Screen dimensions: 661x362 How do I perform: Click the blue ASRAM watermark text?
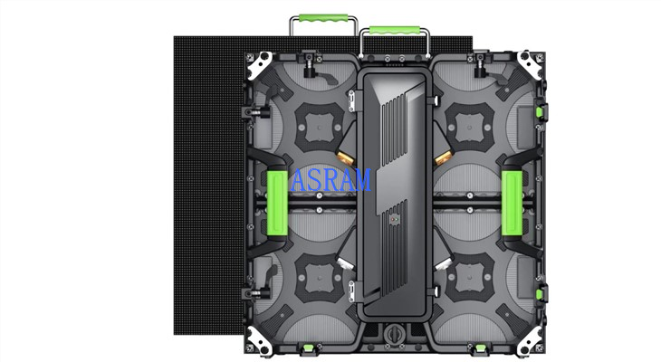point(330,179)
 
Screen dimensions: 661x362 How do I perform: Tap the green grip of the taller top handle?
point(323,19)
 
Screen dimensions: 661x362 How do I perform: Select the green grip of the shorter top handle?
point(394,31)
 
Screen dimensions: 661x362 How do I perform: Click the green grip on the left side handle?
point(277,204)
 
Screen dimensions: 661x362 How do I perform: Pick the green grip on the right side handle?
point(512,204)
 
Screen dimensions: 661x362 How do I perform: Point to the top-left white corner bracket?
point(260,64)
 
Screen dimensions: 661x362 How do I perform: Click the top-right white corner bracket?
point(530,64)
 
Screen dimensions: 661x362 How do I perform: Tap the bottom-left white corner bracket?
point(258,340)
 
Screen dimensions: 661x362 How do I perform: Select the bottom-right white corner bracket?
point(530,340)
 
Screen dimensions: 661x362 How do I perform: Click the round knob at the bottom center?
point(394,334)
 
